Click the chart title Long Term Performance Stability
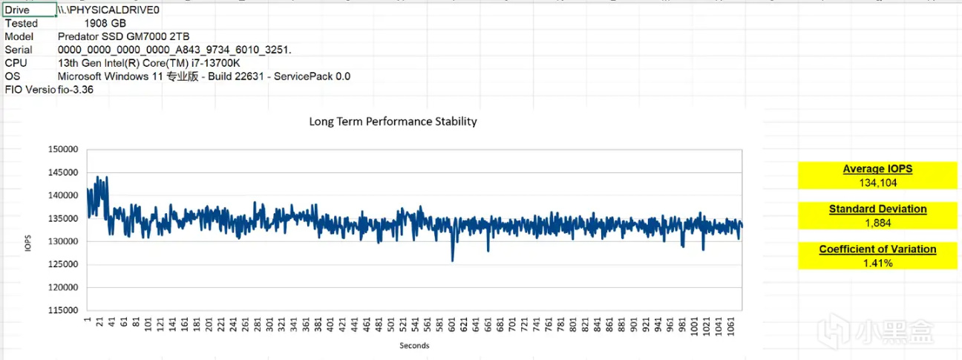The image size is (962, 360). pyautogui.click(x=393, y=121)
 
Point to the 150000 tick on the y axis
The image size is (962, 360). pyautogui.click(x=62, y=149)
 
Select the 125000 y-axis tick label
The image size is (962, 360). pyautogui.click(x=62, y=264)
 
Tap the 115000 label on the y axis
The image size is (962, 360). pyautogui.click(x=62, y=310)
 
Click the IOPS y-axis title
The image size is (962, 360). pyautogui.click(x=28, y=244)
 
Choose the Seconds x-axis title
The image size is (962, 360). pyautogui.click(x=414, y=345)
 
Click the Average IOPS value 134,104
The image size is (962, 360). pyautogui.click(x=877, y=183)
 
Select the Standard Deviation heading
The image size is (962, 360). pyautogui.click(x=877, y=209)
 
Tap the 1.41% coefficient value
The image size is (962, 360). pyautogui.click(x=877, y=263)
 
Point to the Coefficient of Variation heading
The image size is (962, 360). pyautogui.click(x=877, y=249)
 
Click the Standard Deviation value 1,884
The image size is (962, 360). pyautogui.click(x=877, y=223)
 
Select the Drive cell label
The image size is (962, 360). pyautogui.click(x=17, y=10)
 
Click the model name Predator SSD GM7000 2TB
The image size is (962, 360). pyautogui.click(x=123, y=36)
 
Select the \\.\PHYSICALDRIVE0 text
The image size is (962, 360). pyautogui.click(x=108, y=10)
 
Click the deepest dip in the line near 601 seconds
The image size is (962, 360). pyautogui.click(x=453, y=260)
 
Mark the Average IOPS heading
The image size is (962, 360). pyautogui.click(x=877, y=169)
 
